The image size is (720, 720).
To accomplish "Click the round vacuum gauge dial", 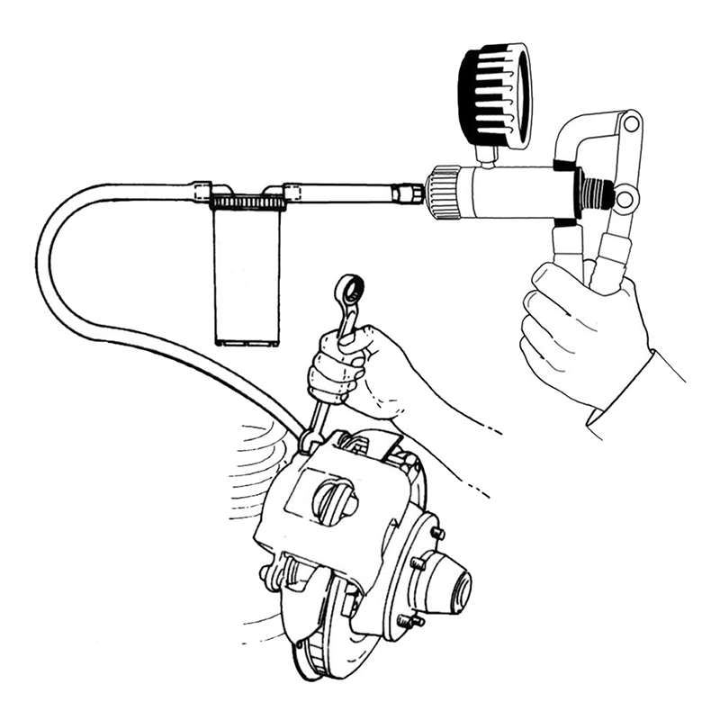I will [494, 94].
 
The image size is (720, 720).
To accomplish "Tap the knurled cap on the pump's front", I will [442, 192].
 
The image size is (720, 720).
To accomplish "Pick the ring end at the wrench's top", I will [348, 290].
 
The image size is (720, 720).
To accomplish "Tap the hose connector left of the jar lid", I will [202, 190].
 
